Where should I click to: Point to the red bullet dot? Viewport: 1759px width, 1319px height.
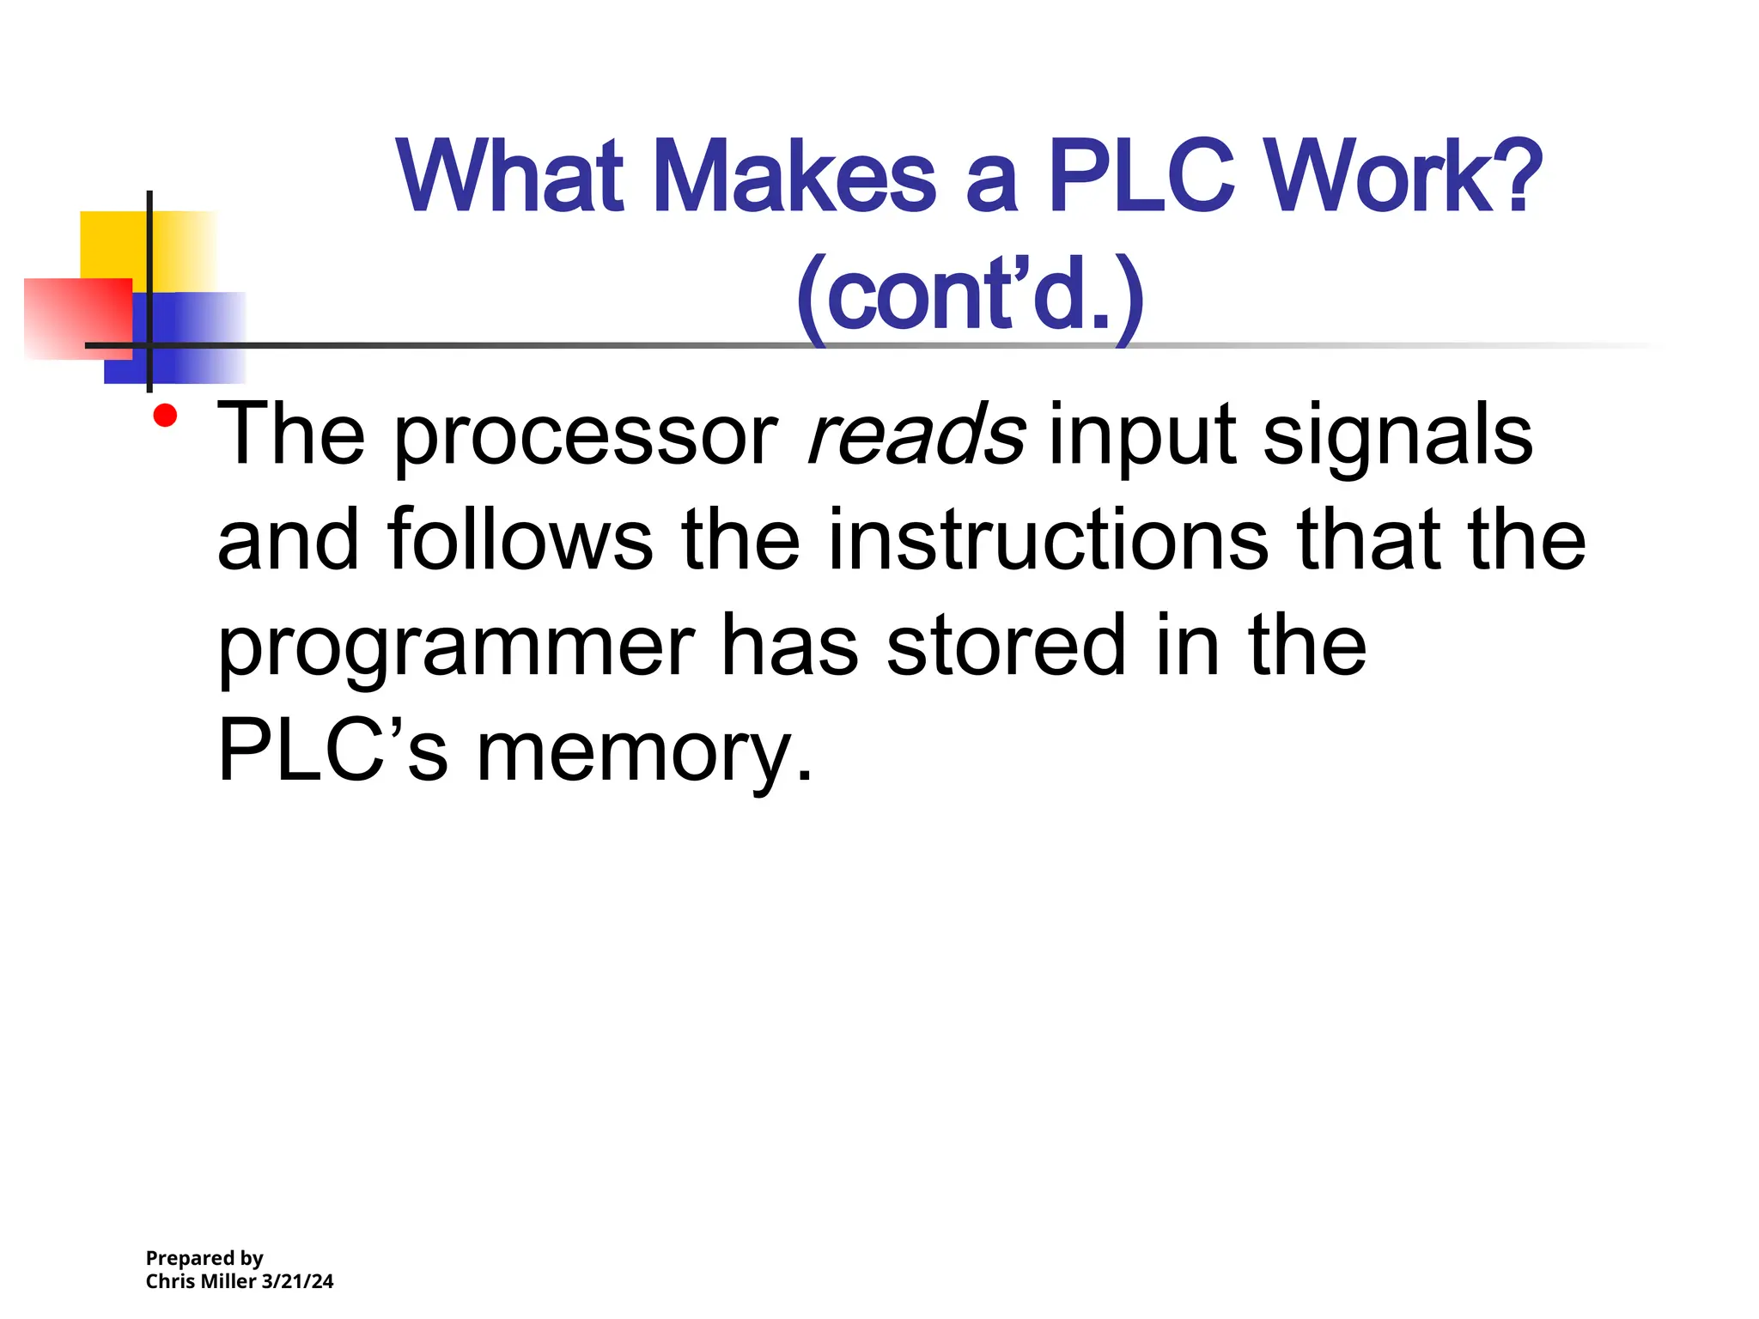pyautogui.click(x=165, y=416)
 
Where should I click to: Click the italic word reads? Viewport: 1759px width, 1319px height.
pyautogui.click(x=916, y=435)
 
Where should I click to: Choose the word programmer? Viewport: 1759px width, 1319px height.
pyautogui.click(x=456, y=648)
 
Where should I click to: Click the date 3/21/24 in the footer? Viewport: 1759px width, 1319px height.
pyautogui.click(x=297, y=1281)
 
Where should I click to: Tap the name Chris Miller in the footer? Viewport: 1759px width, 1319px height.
pyautogui.click(x=201, y=1281)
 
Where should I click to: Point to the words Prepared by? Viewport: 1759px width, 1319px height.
pyautogui.click(x=204, y=1258)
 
